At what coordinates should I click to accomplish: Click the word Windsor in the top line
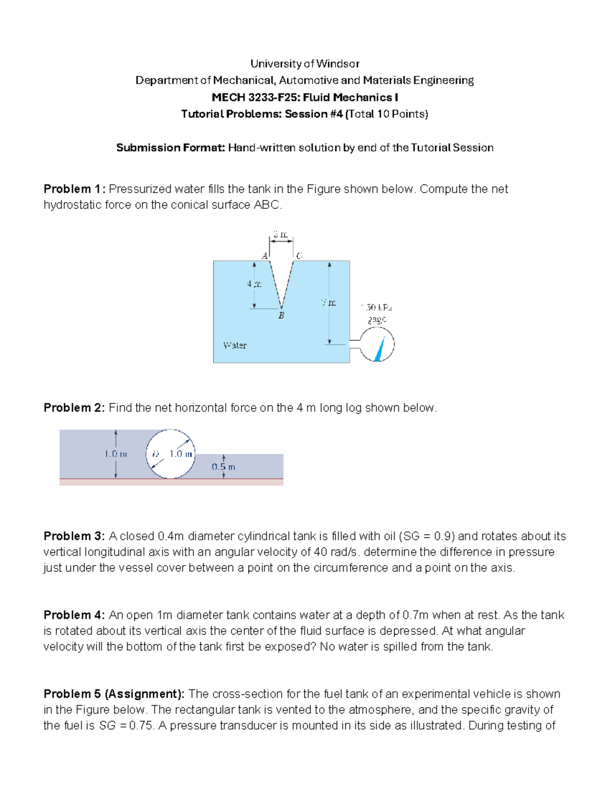tap(338, 64)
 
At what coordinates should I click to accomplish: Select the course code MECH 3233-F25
tap(255, 97)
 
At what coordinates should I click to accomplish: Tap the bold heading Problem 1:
tap(75, 189)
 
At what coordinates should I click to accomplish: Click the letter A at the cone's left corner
tap(264, 256)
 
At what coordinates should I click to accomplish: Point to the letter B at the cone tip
tap(281, 315)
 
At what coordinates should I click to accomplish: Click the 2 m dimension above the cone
tap(281, 235)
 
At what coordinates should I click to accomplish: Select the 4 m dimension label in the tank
tap(254, 284)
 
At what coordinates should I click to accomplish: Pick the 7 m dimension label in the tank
tap(328, 303)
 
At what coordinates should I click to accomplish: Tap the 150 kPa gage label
tap(377, 313)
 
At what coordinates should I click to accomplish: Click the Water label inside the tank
tap(235, 345)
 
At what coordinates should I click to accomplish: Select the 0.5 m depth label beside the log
tap(223, 467)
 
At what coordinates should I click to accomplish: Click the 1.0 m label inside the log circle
tap(180, 454)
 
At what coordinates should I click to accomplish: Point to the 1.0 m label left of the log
tap(115, 454)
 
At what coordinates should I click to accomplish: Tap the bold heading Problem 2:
tap(75, 408)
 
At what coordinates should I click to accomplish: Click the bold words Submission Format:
tap(170, 148)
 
